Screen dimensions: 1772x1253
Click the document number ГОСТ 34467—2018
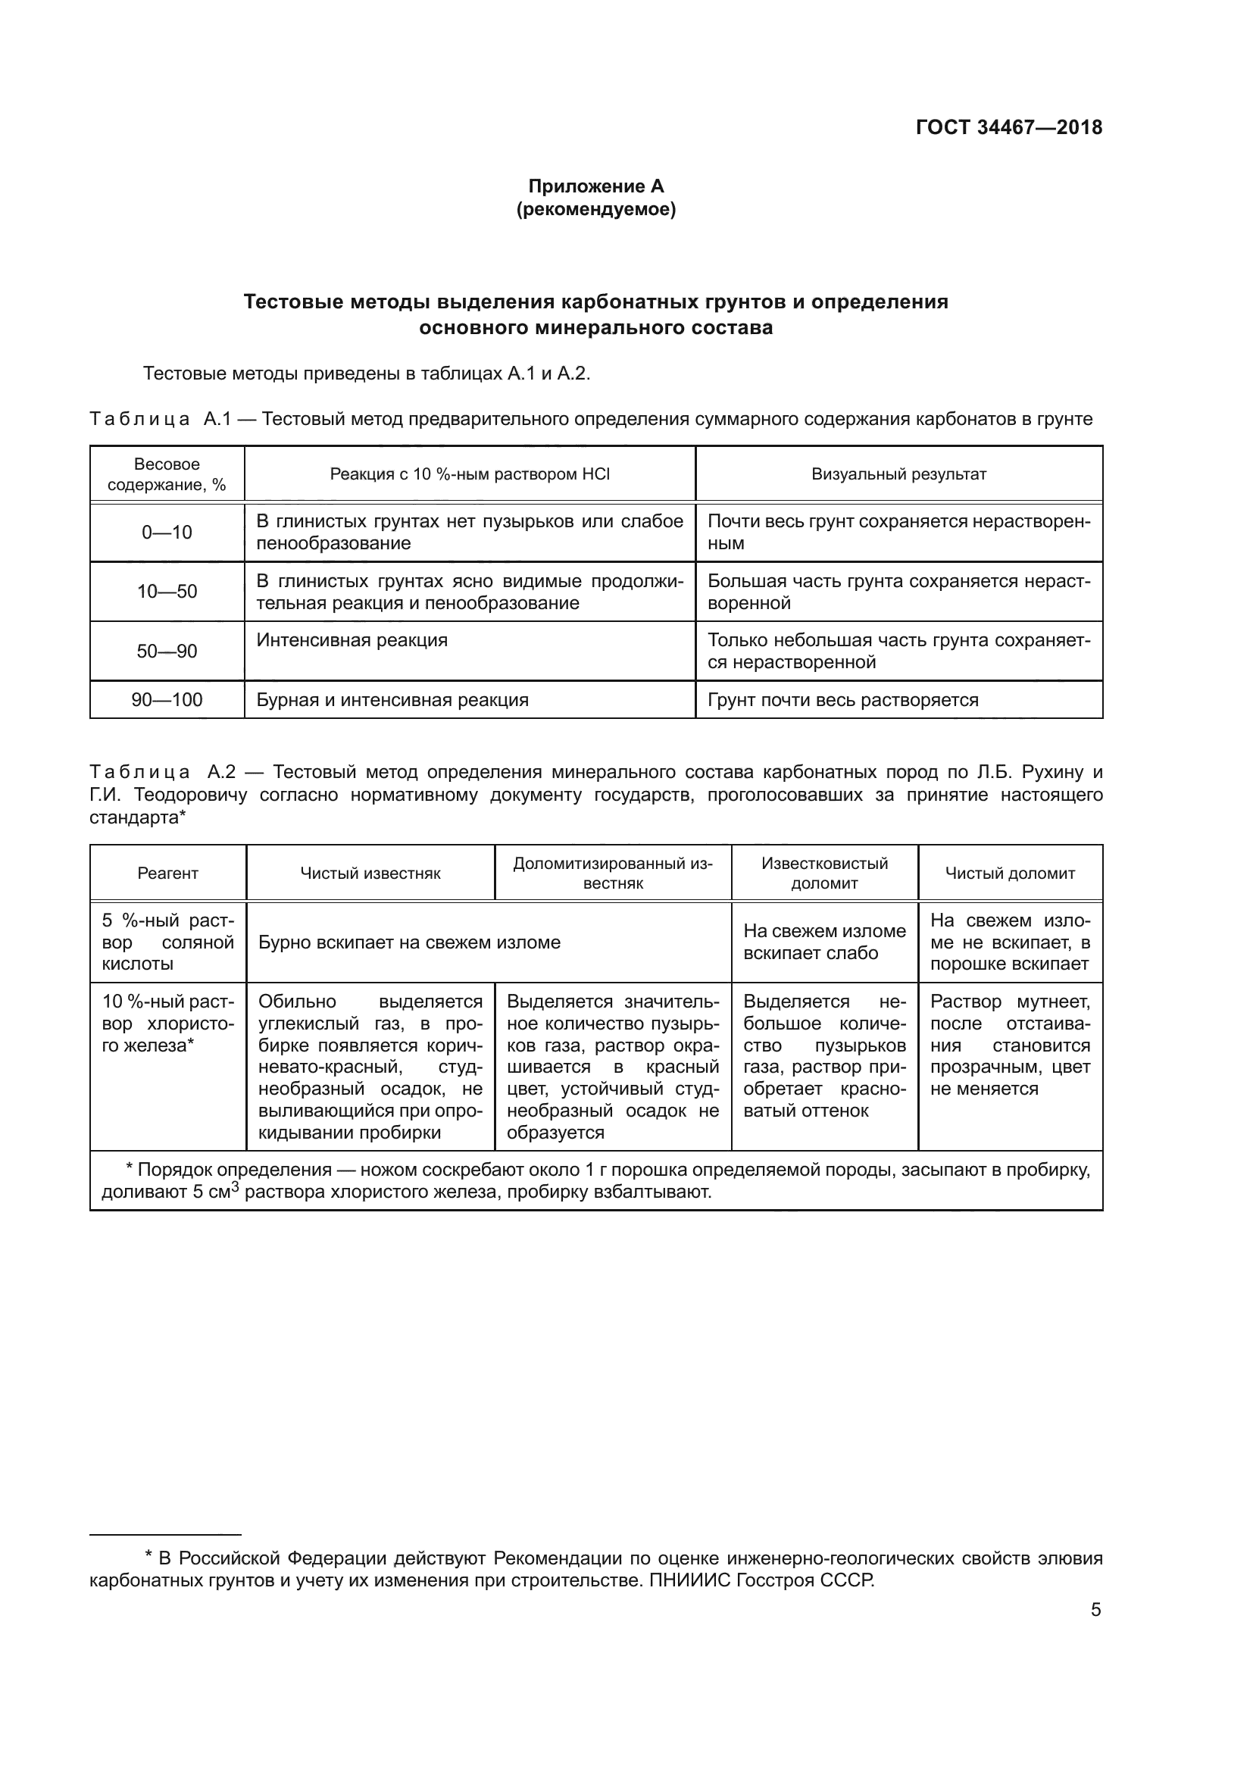(x=1008, y=128)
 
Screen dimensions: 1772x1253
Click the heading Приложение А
(x=595, y=186)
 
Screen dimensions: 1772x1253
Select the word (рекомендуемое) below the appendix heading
(x=595, y=210)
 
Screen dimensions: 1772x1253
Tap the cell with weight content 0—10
(x=167, y=533)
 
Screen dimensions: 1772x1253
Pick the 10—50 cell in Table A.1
(x=167, y=592)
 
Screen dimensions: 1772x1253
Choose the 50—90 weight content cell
(x=167, y=652)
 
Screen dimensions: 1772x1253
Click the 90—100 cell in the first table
(x=167, y=700)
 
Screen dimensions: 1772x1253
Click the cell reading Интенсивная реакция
(x=352, y=641)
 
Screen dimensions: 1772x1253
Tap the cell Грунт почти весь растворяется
(x=842, y=700)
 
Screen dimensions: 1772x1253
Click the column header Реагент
(x=167, y=873)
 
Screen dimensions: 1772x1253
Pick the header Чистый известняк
(x=370, y=873)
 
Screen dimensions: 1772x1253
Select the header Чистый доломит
(x=1010, y=873)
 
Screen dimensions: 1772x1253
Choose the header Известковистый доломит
(x=824, y=873)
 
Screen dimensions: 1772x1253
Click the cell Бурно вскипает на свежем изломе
(x=409, y=942)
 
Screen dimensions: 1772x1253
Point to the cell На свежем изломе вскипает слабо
(x=824, y=942)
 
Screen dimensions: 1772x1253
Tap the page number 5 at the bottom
(x=1095, y=1611)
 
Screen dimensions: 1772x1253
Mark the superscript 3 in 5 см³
(x=236, y=1188)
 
